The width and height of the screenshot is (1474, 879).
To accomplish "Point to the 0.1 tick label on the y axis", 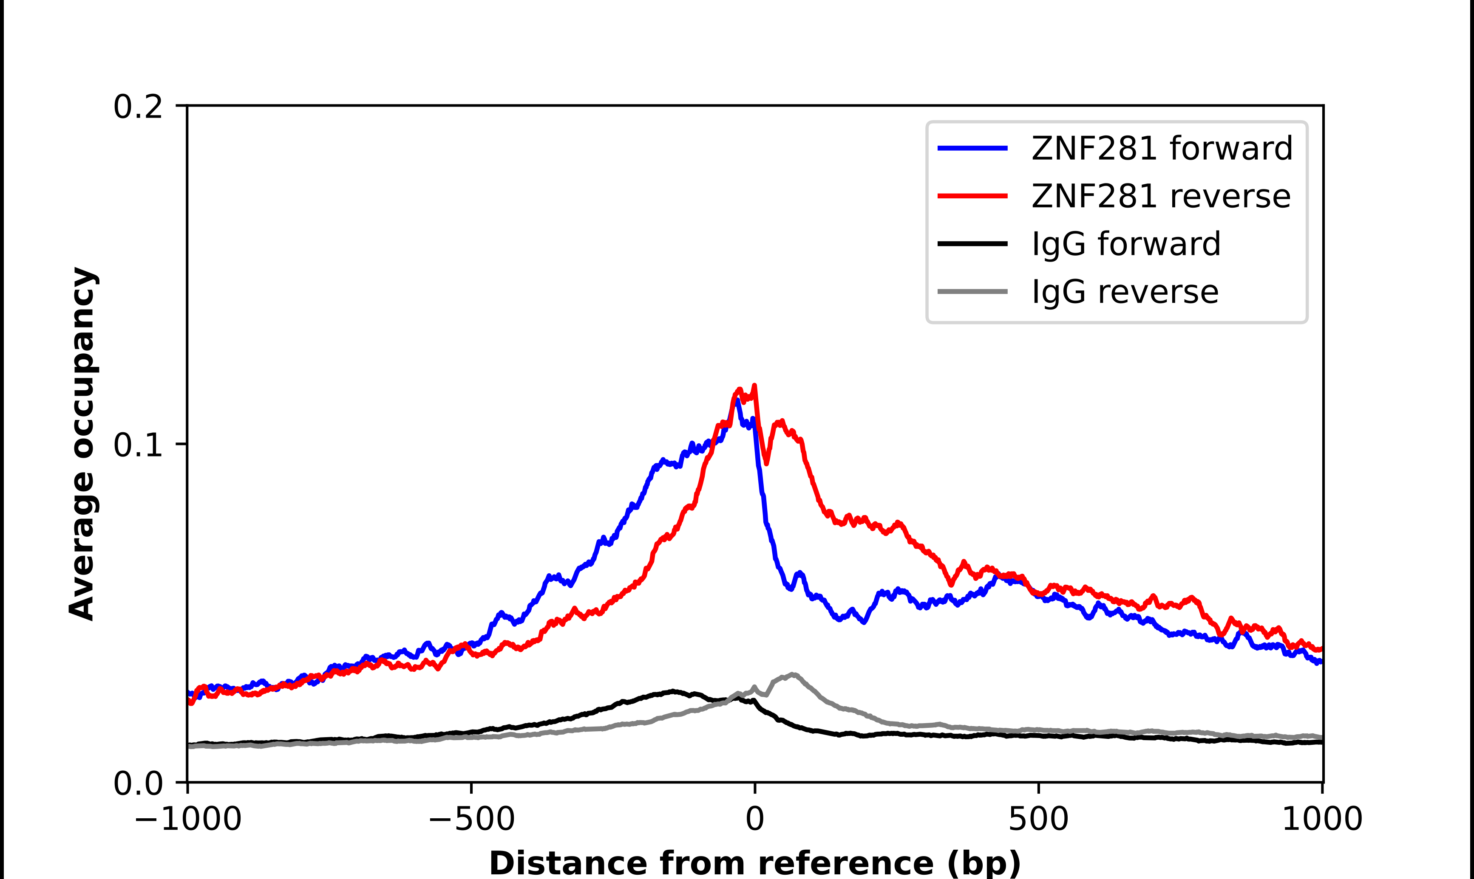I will (x=138, y=445).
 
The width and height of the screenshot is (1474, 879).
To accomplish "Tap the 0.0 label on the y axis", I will (x=138, y=783).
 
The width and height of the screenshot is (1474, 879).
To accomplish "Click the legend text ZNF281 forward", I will (x=1162, y=148).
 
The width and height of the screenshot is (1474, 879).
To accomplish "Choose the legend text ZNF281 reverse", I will (x=1160, y=196).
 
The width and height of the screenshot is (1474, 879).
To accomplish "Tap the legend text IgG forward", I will (x=1126, y=244).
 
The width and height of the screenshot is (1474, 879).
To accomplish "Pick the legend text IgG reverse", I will (x=1125, y=292).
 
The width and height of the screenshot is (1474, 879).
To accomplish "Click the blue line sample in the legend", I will (x=972, y=148).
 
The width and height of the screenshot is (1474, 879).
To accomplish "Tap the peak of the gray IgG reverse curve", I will (x=793, y=675).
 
